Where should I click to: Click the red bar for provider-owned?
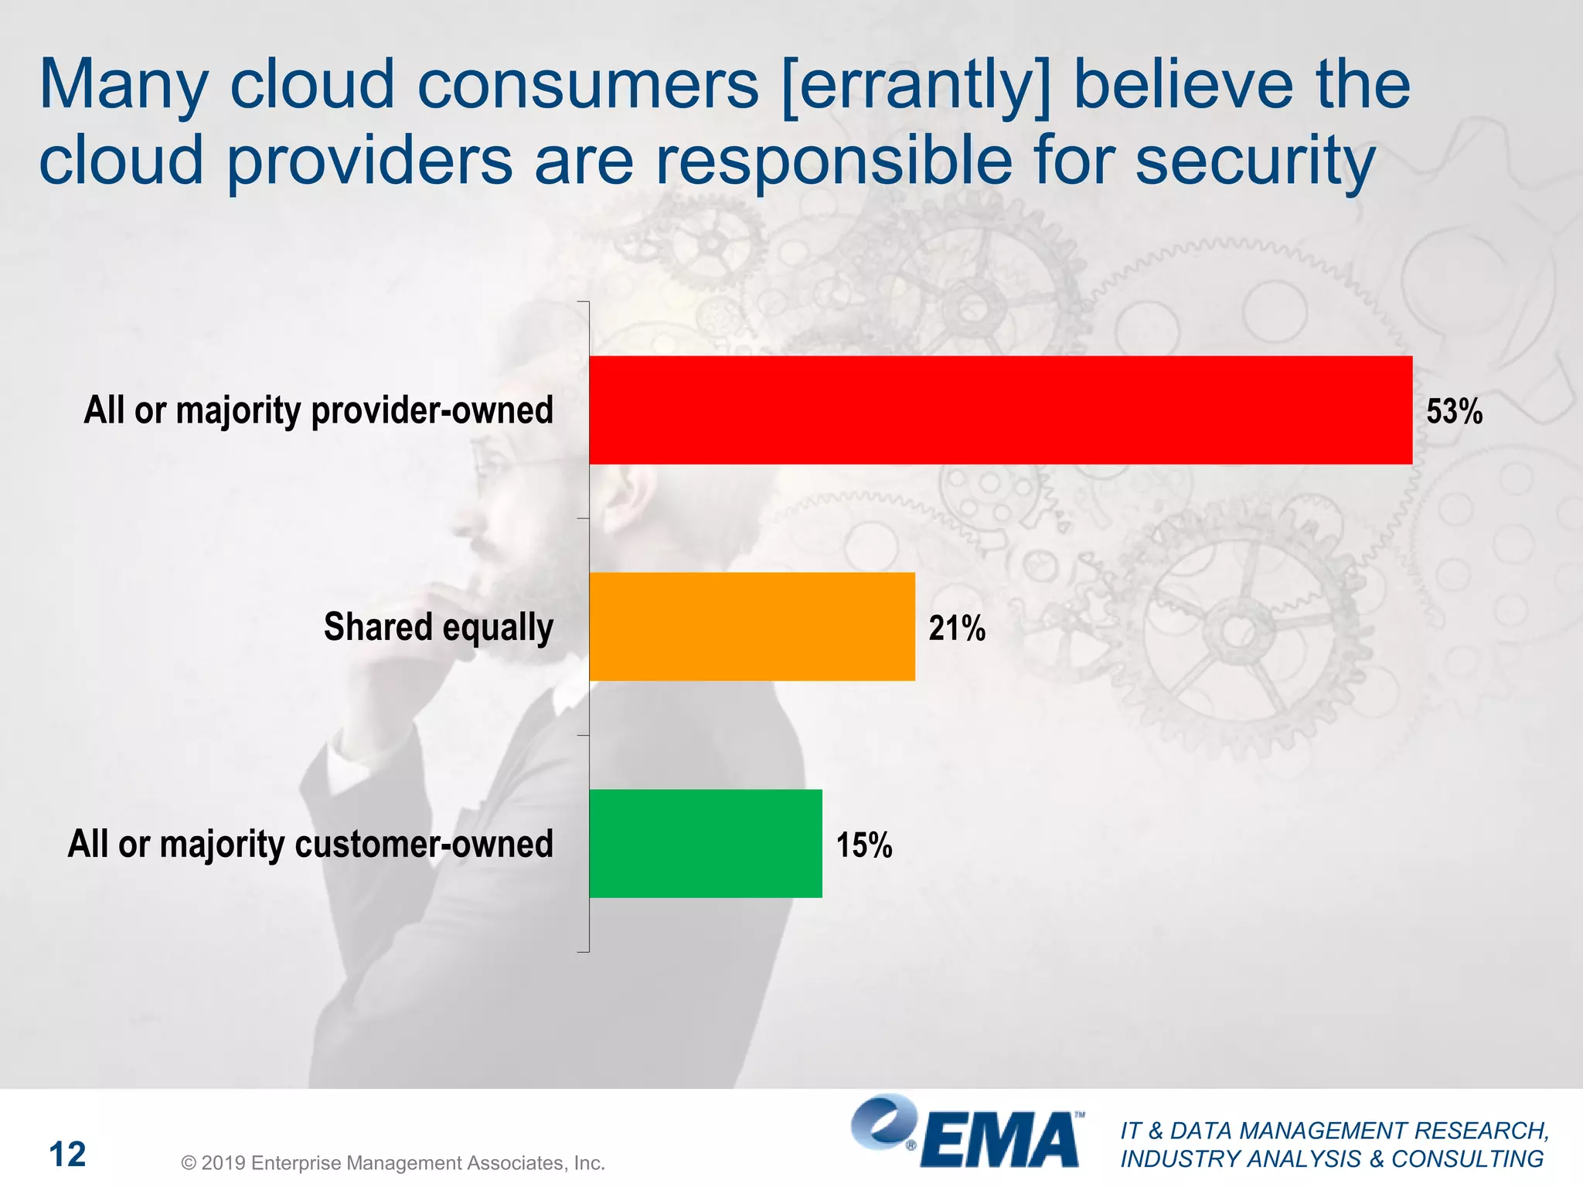1000,410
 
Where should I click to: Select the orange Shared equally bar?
751,627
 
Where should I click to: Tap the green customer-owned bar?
705,843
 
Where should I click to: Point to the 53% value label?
1454,411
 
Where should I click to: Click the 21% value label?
956,628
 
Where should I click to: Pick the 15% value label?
863,845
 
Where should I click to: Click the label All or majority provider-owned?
318,410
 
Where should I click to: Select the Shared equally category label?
438,627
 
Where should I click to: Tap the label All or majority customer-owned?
310,844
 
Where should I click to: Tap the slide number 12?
67,1155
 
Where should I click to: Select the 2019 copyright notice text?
393,1162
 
